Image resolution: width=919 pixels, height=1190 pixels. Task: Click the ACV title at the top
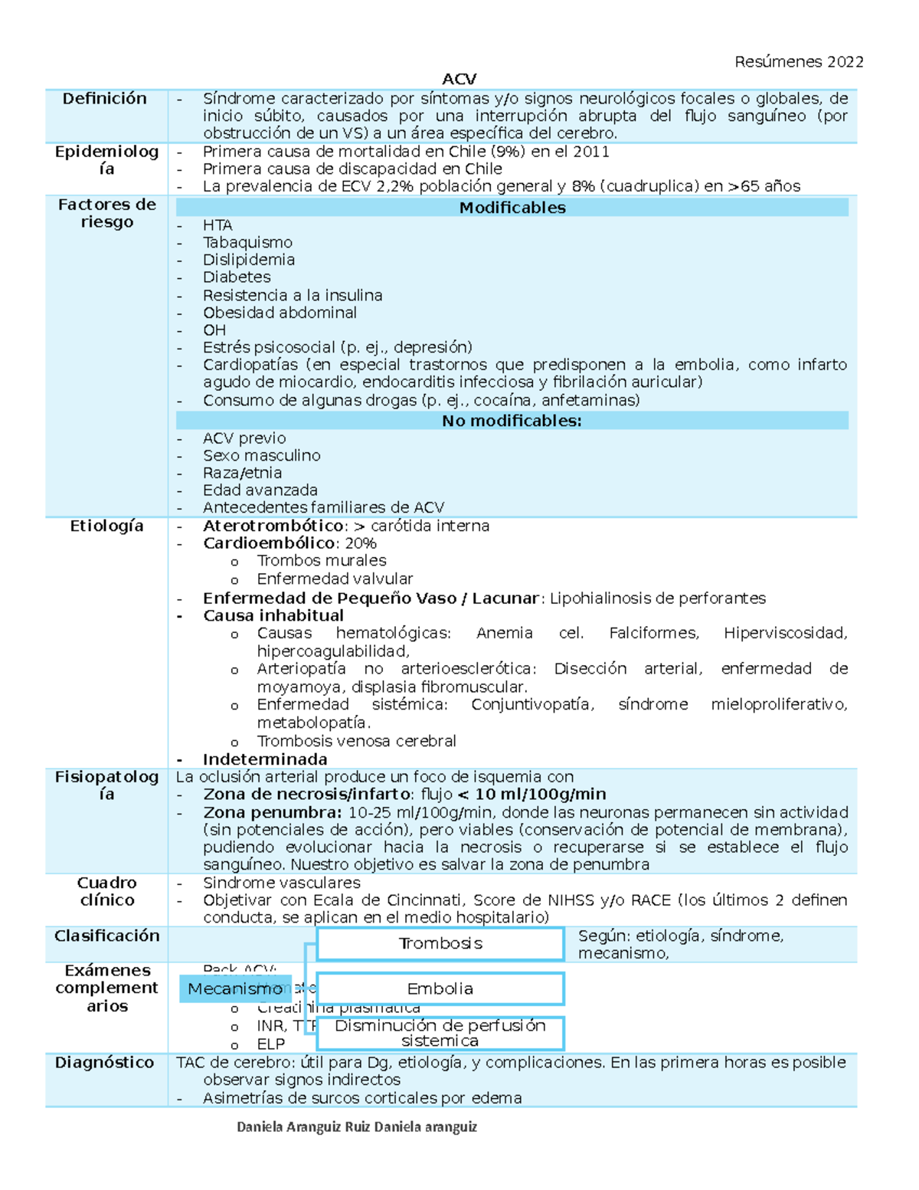point(459,79)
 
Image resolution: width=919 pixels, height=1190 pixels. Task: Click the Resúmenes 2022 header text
point(798,61)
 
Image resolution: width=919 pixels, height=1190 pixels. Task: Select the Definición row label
point(105,98)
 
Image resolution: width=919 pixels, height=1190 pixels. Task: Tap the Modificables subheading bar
point(512,208)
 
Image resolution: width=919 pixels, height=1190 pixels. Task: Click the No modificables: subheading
point(512,421)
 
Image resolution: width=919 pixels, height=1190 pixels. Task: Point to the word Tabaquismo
point(247,242)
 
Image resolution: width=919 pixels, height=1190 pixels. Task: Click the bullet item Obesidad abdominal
point(280,313)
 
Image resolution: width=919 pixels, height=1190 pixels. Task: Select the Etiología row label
point(106,526)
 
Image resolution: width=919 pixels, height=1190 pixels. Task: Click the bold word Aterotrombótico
point(273,526)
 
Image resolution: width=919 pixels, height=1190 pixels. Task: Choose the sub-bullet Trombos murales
point(322,561)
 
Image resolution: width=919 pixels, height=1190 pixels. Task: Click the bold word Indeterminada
point(265,759)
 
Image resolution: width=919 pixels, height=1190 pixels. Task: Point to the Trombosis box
point(440,944)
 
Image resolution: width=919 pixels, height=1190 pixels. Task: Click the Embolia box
point(440,989)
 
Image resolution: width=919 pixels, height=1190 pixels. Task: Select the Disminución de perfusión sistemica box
point(440,1033)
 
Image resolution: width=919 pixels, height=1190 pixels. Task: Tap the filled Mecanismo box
point(234,989)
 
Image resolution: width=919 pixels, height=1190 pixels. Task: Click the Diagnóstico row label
point(105,1063)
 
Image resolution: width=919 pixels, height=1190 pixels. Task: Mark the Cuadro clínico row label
point(106,891)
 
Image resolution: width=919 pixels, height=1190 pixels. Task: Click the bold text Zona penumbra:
point(272,812)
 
